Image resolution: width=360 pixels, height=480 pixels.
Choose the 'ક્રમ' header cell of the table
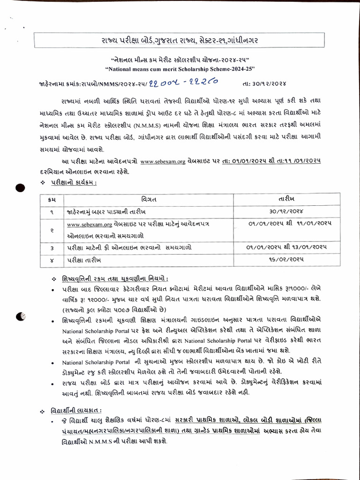52,199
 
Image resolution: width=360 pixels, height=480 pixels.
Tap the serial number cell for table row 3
52,247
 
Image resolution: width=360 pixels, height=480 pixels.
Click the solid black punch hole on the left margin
20,188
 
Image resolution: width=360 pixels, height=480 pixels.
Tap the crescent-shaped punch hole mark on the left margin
20,317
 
